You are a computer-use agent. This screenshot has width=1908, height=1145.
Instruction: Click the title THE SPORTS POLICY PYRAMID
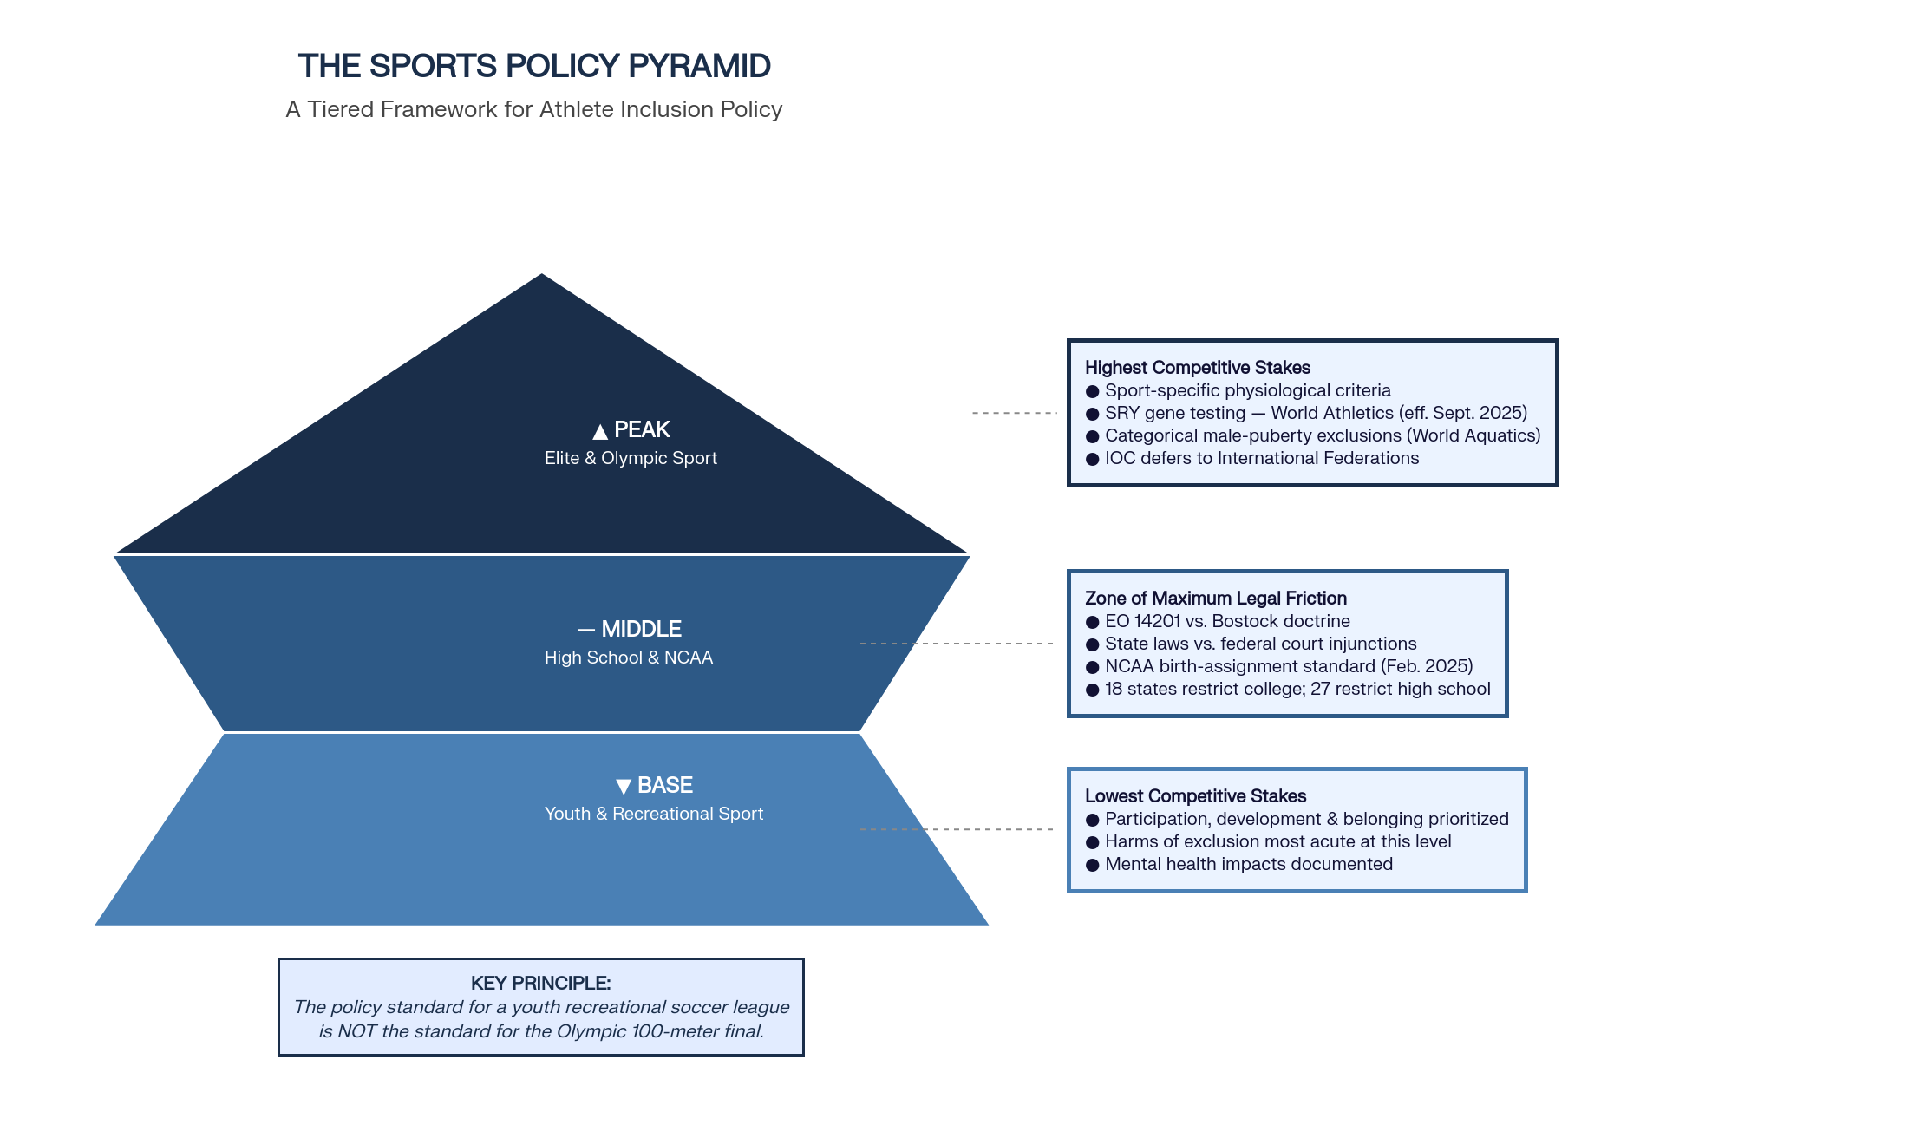coord(534,66)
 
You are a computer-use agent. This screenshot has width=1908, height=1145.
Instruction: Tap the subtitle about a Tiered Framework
coord(534,109)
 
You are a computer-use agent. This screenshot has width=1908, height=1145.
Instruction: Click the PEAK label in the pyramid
coord(642,429)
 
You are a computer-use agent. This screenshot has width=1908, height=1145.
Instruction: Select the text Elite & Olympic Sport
coord(631,458)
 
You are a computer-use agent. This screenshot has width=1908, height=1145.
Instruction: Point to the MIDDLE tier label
coord(641,629)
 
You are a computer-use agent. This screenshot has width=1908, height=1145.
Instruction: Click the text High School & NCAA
coord(629,658)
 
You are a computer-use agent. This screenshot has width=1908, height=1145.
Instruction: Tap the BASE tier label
coord(664,785)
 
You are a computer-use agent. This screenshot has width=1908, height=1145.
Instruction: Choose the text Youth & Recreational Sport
coord(654,814)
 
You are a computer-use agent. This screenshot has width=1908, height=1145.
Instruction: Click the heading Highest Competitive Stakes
coord(1197,368)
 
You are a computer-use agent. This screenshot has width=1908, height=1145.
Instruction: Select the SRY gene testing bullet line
coord(1316,413)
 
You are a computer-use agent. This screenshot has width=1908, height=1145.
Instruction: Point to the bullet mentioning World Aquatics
coord(1323,435)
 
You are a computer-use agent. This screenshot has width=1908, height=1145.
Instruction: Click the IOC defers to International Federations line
coord(1262,458)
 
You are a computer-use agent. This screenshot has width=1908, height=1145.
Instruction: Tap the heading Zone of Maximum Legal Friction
coord(1215,599)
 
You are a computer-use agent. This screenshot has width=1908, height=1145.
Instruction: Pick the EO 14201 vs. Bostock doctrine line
coord(1227,621)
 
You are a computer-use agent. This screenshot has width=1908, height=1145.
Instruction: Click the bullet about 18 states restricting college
coord(1297,689)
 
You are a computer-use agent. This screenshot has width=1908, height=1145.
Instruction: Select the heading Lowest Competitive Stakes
coord(1195,796)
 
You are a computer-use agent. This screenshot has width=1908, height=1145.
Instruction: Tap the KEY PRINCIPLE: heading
coord(540,983)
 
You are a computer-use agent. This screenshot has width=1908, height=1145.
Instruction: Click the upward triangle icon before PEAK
coord(599,431)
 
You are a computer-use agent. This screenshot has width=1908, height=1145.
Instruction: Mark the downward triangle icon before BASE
coord(623,787)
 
